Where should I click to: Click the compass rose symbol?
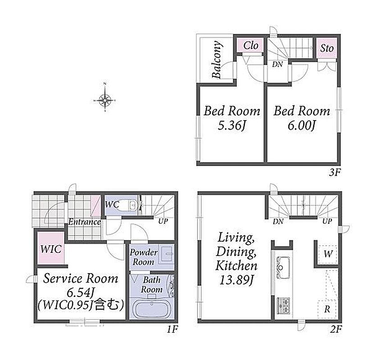point(105,100)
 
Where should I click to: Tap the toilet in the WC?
point(132,204)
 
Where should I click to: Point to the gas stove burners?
point(284,306)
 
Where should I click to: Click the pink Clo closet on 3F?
point(250,45)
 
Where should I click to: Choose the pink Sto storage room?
point(327,48)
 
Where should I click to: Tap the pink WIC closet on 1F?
point(51,248)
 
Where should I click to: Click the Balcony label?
point(217,59)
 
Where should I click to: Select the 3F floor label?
point(335,172)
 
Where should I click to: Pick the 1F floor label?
point(172,329)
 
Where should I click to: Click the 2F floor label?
point(336,329)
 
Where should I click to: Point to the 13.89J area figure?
point(236,280)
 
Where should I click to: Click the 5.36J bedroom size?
point(231,125)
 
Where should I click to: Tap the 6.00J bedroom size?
point(302,125)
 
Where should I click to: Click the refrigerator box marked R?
point(327,309)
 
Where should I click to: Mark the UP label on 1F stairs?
point(163,221)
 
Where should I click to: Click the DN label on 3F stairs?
point(277,64)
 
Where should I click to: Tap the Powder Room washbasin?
point(167,254)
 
